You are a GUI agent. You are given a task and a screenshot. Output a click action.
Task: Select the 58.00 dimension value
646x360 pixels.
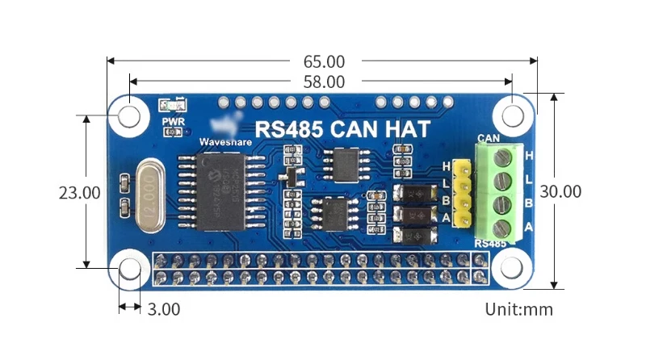coord(324,82)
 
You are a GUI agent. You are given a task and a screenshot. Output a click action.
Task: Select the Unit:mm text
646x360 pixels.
coord(518,308)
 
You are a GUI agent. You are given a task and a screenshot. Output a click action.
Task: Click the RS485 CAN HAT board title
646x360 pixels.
coord(342,128)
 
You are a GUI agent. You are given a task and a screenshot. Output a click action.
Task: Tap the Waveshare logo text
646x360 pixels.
coord(225,142)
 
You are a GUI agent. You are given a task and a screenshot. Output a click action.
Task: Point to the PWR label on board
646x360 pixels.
coord(173,122)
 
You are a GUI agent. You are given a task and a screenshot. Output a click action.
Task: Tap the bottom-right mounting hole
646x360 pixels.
coord(512,269)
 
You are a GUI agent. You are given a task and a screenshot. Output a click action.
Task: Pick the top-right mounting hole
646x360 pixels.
coord(512,116)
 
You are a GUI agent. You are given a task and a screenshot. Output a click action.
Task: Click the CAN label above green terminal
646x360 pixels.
coord(487,137)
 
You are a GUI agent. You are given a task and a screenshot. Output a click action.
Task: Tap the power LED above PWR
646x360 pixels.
coord(172,106)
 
